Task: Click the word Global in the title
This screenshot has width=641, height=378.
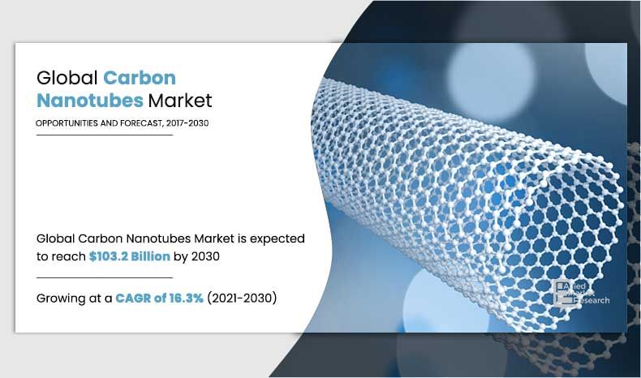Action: pyautogui.click(x=67, y=79)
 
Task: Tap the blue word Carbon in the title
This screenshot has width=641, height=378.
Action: pyautogui.click(x=140, y=79)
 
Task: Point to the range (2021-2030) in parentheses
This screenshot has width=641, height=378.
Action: pyautogui.click(x=242, y=299)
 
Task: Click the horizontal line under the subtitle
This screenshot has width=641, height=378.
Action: pyautogui.click(x=105, y=135)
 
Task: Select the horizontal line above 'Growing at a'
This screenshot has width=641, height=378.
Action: pyautogui.click(x=105, y=277)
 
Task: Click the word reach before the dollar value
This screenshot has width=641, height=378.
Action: pyautogui.click(x=70, y=256)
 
